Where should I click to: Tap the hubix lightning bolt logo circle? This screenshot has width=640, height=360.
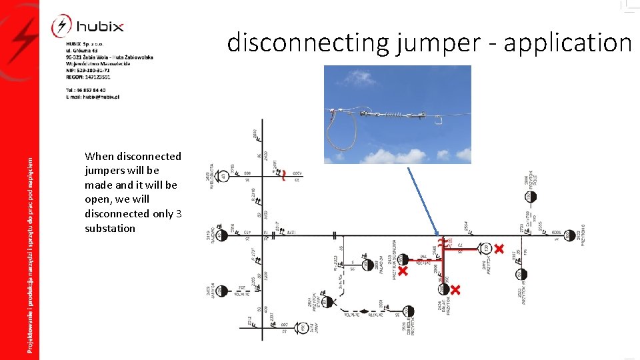coord(61,27)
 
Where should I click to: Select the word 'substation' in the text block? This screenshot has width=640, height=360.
coord(110,228)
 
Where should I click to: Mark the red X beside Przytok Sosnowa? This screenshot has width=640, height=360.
coord(403,271)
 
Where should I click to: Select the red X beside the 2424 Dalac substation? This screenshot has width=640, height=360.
coord(456,289)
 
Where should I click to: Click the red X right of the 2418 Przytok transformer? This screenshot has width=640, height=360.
coord(500,248)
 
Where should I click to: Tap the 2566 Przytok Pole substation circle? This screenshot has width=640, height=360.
coord(531,197)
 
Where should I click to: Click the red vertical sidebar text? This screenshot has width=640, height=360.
coord(30,253)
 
